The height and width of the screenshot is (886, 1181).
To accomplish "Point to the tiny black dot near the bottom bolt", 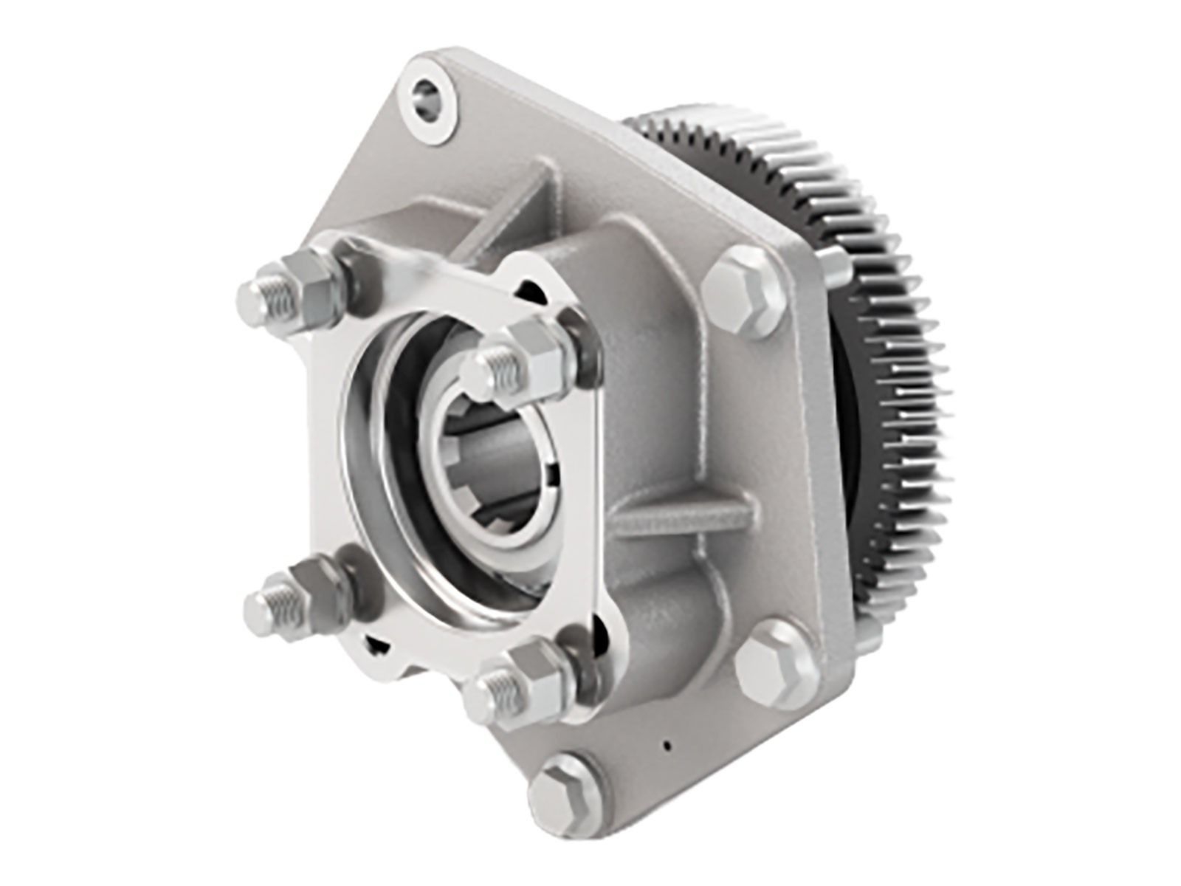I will [667, 746].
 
